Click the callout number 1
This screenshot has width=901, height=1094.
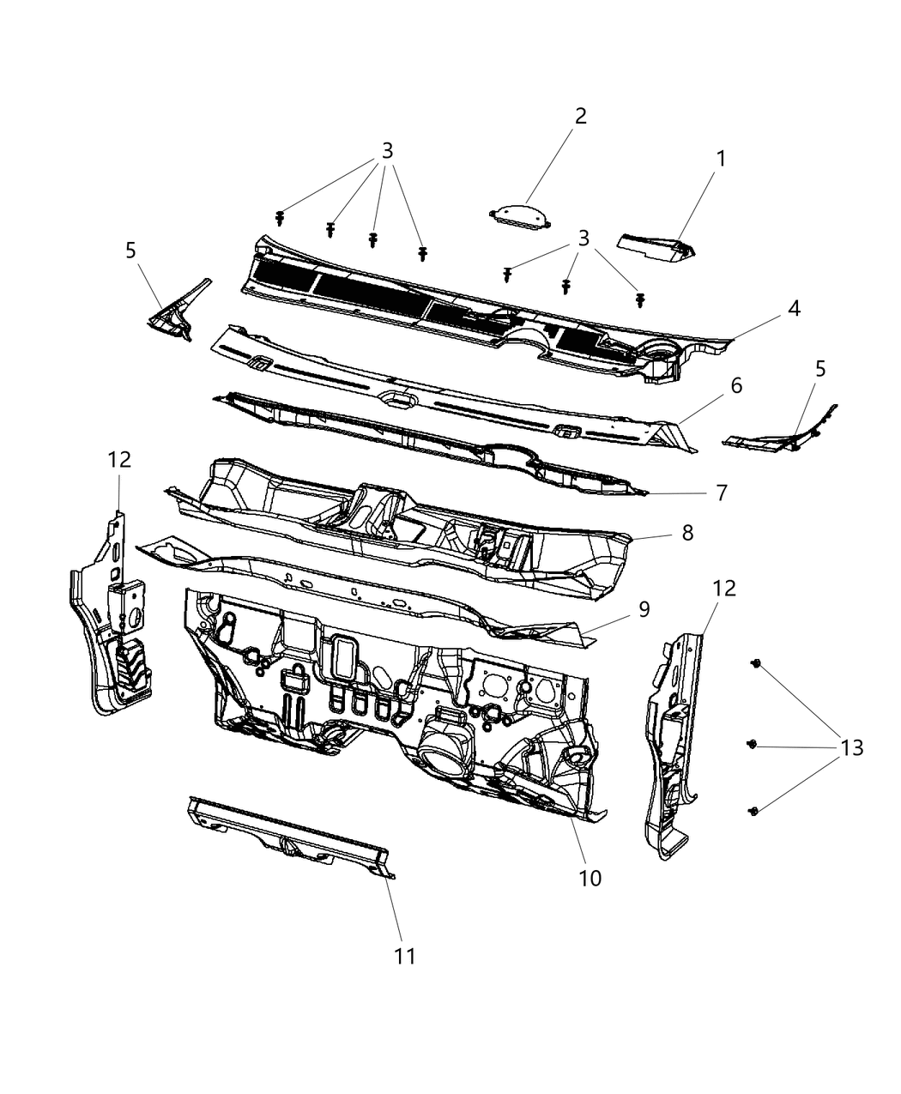pos(721,159)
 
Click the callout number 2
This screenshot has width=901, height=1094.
pos(581,116)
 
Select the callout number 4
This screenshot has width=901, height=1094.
pos(795,308)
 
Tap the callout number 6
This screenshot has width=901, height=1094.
pos(736,385)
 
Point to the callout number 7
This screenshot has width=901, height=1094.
pos(721,493)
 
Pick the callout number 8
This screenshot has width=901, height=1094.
pos(687,532)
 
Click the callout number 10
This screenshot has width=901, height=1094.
pos(590,878)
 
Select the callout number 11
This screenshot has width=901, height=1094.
pos(404,956)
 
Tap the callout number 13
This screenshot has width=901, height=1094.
pos(850,747)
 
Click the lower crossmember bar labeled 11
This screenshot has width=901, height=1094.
pos(287,830)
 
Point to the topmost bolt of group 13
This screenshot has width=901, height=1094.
pos(756,663)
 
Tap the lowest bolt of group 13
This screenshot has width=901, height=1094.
pos(754,810)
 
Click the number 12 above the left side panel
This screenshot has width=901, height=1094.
pos(119,459)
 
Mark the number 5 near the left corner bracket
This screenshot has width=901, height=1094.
pos(130,251)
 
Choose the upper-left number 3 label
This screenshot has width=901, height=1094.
pos(387,151)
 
